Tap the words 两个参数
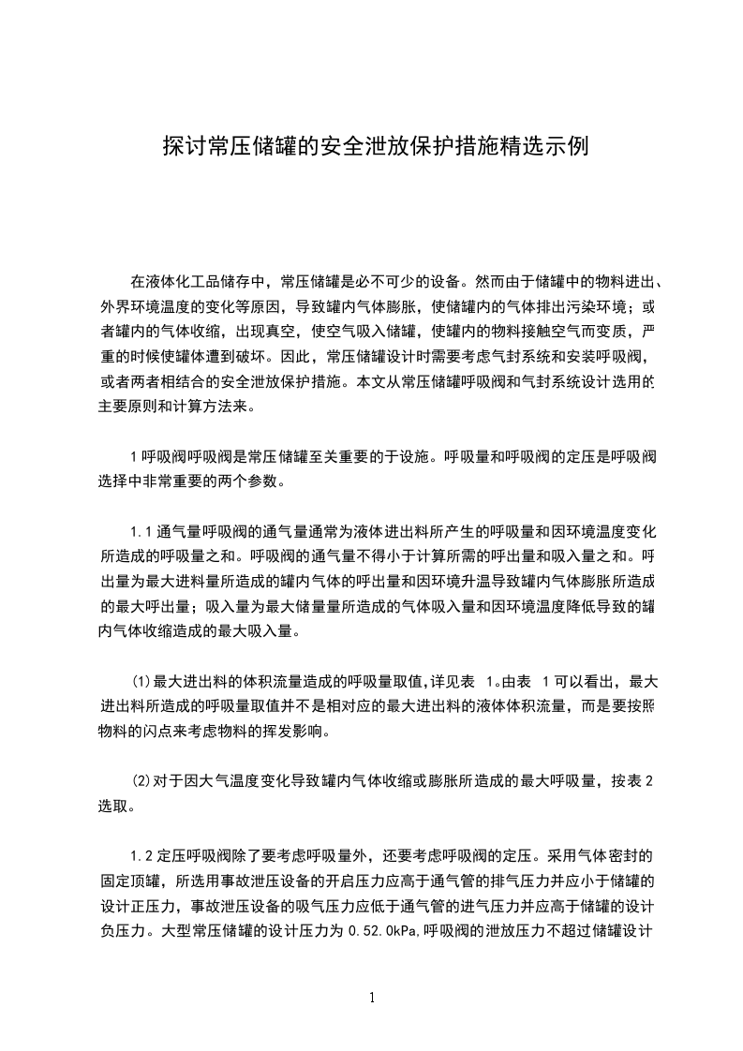click(x=254, y=482)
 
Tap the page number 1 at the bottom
click(x=372, y=998)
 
